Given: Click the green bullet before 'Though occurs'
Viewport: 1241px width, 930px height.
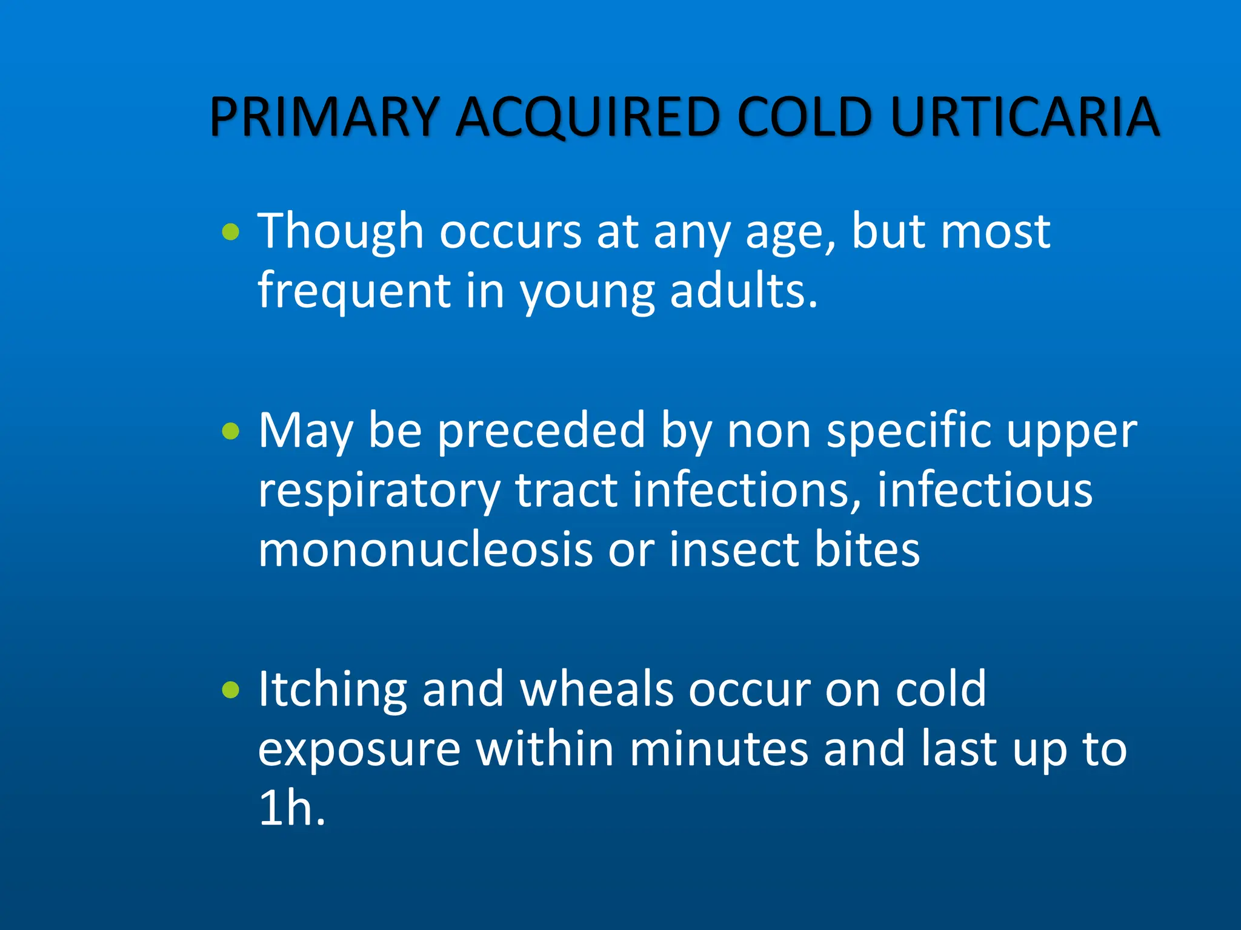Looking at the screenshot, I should point(230,232).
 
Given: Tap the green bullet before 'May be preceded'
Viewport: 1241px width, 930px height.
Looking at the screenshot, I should point(230,431).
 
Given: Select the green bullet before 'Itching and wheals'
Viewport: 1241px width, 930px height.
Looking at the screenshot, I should point(230,690).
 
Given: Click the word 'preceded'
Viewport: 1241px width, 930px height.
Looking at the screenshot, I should point(541,431).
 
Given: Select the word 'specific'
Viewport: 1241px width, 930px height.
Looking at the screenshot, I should point(908,431).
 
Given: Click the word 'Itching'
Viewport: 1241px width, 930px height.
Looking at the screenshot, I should point(332,691).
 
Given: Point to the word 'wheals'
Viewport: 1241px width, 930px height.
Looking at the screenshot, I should point(596,690).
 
